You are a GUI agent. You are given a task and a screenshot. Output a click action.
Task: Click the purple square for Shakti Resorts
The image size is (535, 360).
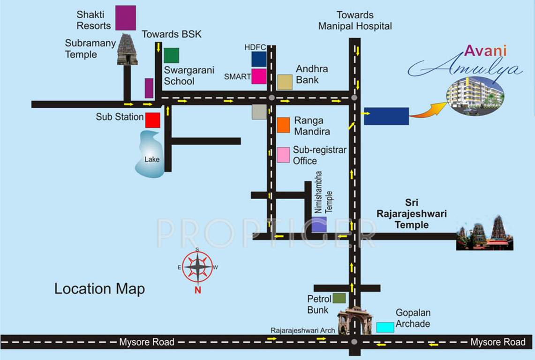[x=125, y=18]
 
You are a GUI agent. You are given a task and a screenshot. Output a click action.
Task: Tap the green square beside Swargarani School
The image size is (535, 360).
[x=171, y=55]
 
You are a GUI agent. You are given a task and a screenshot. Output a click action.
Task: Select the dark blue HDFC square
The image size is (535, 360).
[x=259, y=59]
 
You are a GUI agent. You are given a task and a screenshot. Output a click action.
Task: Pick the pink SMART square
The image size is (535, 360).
[x=259, y=76]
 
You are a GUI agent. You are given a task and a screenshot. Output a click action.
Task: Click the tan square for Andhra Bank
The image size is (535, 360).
[x=285, y=82]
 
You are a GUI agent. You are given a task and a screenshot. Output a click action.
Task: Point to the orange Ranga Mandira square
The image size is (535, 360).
[x=283, y=125]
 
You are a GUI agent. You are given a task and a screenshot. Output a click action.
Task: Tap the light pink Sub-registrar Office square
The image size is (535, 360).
[x=283, y=155]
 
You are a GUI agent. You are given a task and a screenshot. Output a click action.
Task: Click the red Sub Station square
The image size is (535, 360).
[x=152, y=120]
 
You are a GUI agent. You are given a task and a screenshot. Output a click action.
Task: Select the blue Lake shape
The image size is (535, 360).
[x=150, y=155]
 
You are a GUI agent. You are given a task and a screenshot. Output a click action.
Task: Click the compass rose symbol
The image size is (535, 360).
[x=197, y=267]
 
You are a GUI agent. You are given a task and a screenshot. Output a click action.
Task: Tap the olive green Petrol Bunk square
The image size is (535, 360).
[x=339, y=298]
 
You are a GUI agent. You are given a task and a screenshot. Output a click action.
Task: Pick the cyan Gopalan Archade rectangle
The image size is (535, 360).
[x=385, y=327]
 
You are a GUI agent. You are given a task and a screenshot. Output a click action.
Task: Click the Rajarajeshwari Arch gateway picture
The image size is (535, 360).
[x=354, y=320]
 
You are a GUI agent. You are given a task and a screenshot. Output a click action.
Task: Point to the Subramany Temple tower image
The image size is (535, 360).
[x=127, y=49]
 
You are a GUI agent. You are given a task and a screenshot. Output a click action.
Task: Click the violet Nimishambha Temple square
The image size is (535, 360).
[x=319, y=225]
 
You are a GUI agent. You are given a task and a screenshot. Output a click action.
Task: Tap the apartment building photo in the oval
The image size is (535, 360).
[x=475, y=96]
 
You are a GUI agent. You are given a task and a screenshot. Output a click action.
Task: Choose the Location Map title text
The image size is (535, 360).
[x=99, y=289]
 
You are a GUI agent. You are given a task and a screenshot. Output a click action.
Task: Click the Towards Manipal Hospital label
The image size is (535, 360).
[x=355, y=21]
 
